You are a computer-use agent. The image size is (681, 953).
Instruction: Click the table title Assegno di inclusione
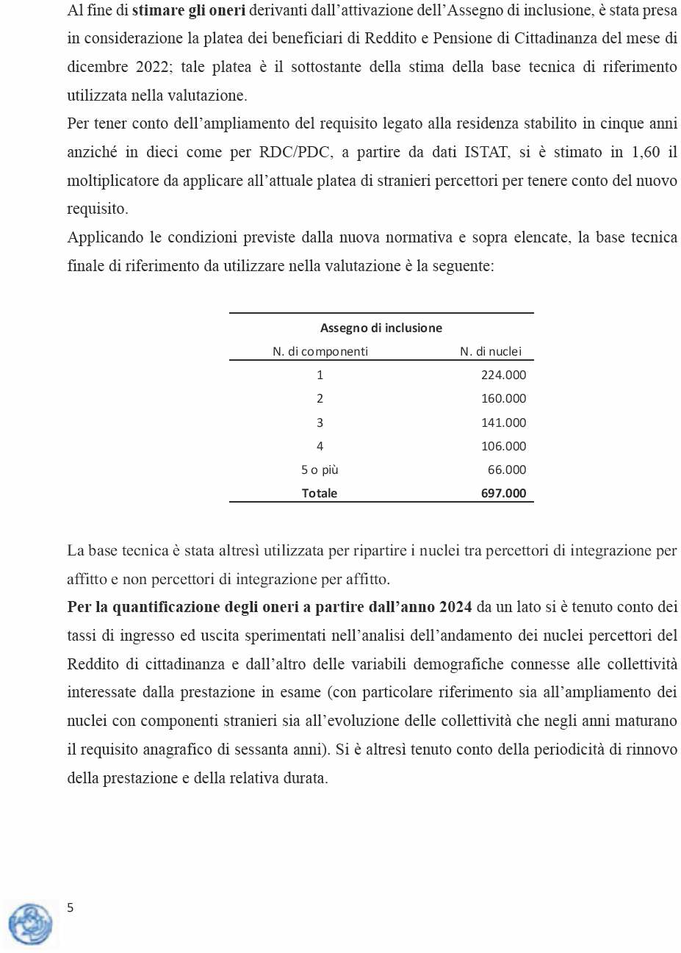coord(381,328)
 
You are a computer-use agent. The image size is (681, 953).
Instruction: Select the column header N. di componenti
coord(320,351)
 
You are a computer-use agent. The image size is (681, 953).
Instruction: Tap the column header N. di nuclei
coord(491,351)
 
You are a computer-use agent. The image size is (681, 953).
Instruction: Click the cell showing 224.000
coord(503,375)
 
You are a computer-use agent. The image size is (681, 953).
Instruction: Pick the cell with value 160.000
coord(503,398)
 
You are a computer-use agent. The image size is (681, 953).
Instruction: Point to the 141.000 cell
coord(503,422)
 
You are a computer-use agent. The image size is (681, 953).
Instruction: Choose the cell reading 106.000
coord(503,446)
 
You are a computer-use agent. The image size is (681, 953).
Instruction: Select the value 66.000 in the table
coord(507,470)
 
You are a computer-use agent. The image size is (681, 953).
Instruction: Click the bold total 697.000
coord(503,493)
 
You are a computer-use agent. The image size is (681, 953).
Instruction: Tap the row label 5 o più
coord(320,470)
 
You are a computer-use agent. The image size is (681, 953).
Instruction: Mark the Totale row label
coord(320,493)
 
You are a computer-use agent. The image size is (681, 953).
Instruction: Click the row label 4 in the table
coord(320,446)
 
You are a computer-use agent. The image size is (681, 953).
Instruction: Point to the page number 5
coord(71,907)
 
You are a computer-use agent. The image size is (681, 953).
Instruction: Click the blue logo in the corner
coord(30,924)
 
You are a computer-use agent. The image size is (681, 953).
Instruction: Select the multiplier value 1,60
coord(646,152)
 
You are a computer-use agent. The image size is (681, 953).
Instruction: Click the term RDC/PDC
coord(293,152)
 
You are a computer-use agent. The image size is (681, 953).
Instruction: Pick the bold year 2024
coord(455,607)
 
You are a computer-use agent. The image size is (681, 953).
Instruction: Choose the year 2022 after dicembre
coord(152,67)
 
